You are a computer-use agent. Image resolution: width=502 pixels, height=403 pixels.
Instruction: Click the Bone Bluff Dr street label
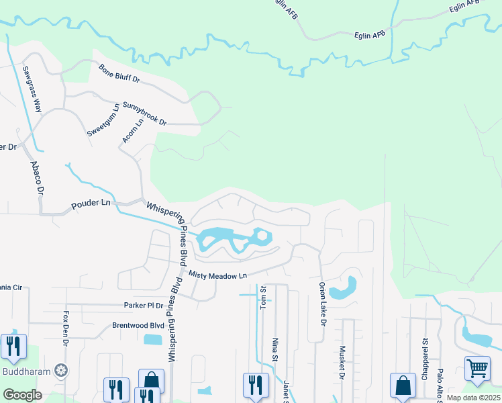point(119,74)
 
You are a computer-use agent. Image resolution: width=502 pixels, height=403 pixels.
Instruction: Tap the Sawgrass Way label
point(32,89)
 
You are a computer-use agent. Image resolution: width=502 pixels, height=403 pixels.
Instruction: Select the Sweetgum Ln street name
point(103,120)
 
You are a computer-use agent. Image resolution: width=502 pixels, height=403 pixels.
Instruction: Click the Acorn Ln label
point(133,131)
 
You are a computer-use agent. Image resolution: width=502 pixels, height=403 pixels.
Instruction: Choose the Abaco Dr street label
point(36,177)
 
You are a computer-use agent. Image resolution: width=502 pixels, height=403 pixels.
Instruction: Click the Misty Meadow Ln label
point(218,275)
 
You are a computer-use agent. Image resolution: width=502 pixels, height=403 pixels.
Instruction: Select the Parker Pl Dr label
point(144,305)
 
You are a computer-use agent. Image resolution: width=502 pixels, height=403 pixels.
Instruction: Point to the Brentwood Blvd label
point(138,326)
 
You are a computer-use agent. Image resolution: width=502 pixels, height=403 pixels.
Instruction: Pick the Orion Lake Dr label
point(322,304)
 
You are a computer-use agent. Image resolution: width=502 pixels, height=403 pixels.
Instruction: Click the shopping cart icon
point(476,367)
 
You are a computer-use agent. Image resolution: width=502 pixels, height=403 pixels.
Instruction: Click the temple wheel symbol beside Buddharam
point(62,370)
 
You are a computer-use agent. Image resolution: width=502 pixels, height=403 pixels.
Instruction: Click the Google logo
point(23,395)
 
